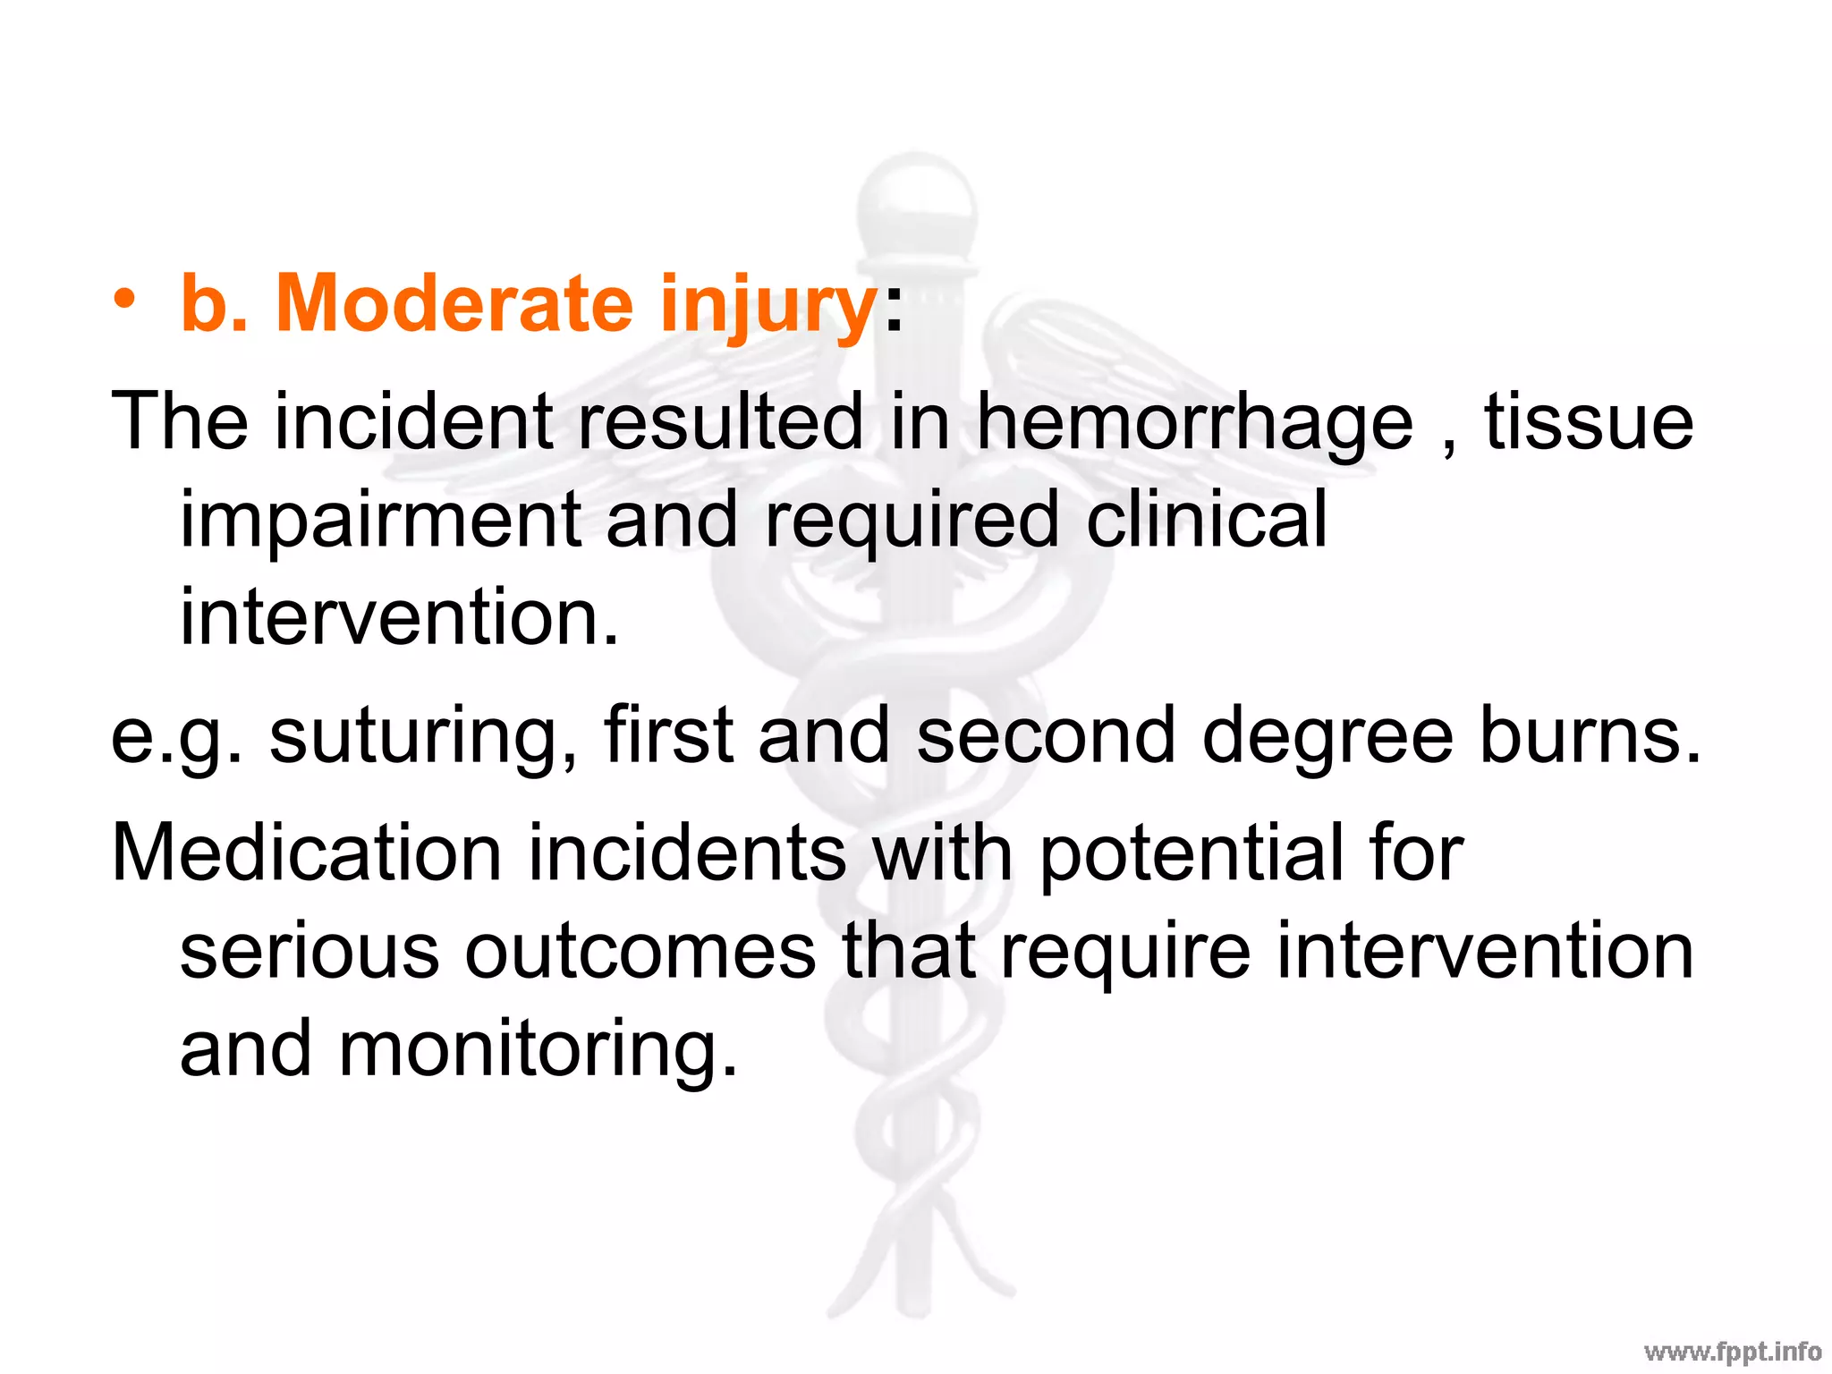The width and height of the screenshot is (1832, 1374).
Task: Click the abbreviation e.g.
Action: pyautogui.click(x=176, y=735)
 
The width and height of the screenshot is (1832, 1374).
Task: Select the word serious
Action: pyautogui.click(x=310, y=951)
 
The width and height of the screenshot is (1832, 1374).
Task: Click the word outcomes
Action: pyautogui.click(x=640, y=951)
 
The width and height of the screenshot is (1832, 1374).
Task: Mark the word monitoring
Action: pyautogui.click(x=538, y=1050)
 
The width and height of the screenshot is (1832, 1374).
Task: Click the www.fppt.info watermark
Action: pyautogui.click(x=1732, y=1352)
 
